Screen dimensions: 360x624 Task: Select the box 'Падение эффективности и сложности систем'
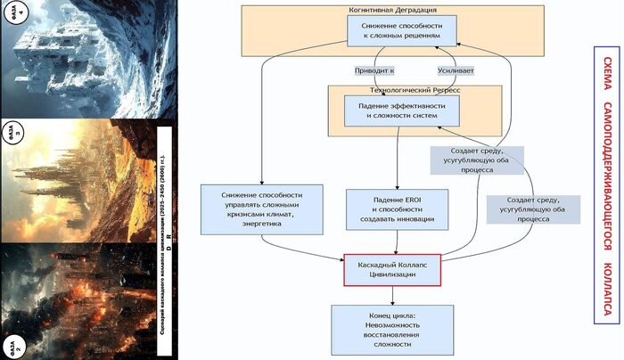pyautogui.click(x=402, y=110)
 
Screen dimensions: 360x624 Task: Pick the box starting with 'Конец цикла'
pyautogui.click(x=392, y=328)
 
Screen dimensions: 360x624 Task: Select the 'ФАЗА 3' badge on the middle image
pyautogui.click(x=13, y=131)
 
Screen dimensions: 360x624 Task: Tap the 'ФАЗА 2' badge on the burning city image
pyautogui.click(x=12, y=345)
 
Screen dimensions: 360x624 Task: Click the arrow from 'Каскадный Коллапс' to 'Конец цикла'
pyautogui.click(x=392, y=296)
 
